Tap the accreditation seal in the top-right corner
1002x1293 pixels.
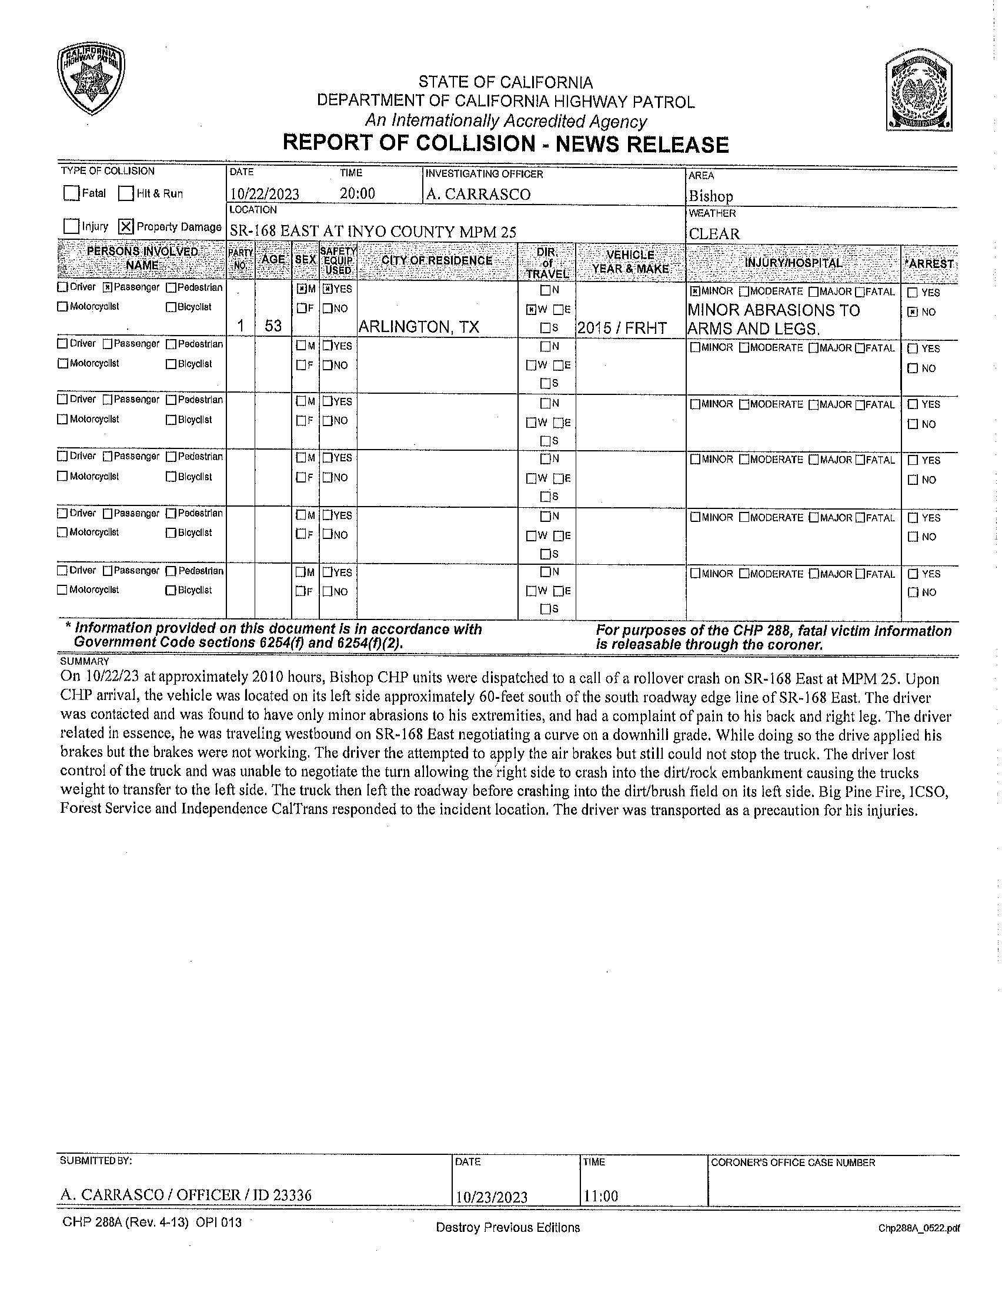pyautogui.click(x=919, y=93)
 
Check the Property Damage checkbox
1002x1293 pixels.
pyautogui.click(x=126, y=226)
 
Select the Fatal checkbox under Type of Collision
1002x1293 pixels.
pyautogui.click(x=72, y=193)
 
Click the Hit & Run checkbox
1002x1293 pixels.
pyautogui.click(x=126, y=193)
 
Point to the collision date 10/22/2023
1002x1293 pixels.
pyautogui.click(x=265, y=194)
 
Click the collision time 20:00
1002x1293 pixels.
pyautogui.click(x=357, y=193)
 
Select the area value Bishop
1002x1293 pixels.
pyautogui.click(x=711, y=196)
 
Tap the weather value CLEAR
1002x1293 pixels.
pyautogui.click(x=714, y=234)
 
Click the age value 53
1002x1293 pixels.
pyautogui.click(x=273, y=326)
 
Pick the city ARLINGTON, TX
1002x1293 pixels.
pyautogui.click(x=419, y=326)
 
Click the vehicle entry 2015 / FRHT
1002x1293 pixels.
pyautogui.click(x=622, y=328)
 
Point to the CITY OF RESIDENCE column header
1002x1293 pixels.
pyautogui.click(x=437, y=260)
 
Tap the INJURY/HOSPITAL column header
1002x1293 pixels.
pyautogui.click(x=793, y=263)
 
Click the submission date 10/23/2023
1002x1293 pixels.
pyautogui.click(x=491, y=1197)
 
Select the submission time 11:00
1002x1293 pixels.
pyautogui.click(x=600, y=1196)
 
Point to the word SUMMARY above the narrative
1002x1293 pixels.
pyautogui.click(x=85, y=661)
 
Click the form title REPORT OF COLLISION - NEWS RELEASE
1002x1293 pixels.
pyautogui.click(x=505, y=144)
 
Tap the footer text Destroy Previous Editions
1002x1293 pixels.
pyautogui.click(x=507, y=1227)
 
